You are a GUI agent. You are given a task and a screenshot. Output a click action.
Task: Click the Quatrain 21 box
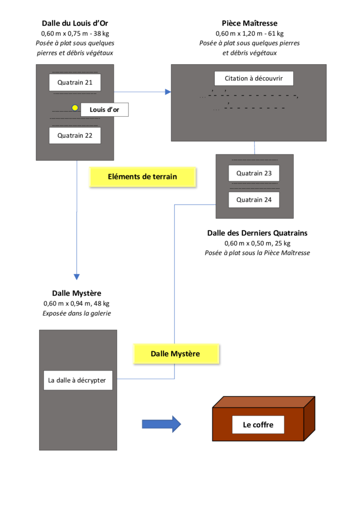point(75,83)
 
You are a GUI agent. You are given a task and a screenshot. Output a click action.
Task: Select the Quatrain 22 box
point(75,135)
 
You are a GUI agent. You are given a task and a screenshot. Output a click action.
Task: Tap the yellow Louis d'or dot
point(75,108)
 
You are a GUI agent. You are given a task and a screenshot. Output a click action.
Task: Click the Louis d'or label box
point(104,110)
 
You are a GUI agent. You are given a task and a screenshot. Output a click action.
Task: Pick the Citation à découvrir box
point(254,79)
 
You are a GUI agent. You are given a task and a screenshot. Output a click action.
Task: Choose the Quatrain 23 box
point(254,173)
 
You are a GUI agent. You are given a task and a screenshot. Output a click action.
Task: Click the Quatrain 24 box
point(254,200)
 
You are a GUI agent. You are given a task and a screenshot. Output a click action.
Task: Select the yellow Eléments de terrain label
point(142,176)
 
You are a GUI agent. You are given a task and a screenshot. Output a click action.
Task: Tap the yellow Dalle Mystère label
point(175,354)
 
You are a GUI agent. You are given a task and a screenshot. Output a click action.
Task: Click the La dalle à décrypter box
point(78,381)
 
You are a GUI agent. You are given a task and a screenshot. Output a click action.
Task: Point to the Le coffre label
point(258,424)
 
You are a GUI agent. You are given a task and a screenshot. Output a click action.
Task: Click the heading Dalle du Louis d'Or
point(75,23)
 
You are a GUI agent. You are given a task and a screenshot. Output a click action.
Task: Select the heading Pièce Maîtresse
point(249,23)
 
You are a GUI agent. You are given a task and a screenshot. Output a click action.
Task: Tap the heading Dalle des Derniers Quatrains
point(257,233)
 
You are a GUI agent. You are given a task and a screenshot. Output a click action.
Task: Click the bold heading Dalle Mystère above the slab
point(77,294)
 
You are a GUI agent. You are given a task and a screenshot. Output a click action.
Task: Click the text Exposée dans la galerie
point(77,313)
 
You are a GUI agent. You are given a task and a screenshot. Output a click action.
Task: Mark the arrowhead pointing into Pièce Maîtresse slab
point(168,92)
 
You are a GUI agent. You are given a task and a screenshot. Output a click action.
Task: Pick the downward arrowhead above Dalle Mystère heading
point(77,277)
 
